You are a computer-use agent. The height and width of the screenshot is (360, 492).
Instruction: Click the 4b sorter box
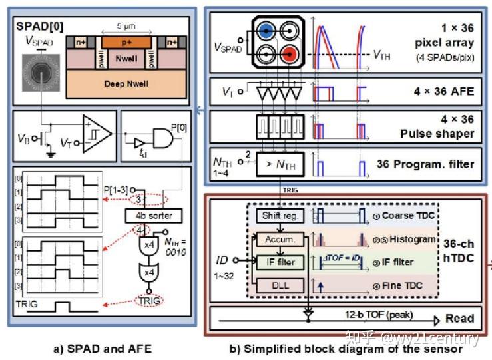tap(152, 216)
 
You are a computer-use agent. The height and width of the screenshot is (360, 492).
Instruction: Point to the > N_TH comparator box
tap(274, 162)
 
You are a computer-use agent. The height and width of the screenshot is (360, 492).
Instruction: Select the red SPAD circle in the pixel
tap(290, 53)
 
